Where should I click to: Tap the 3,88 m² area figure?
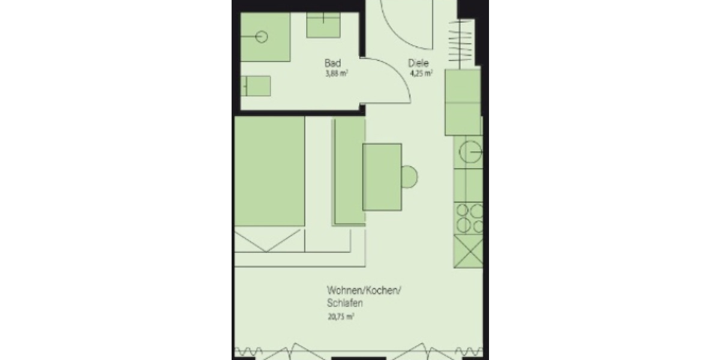pos(336,74)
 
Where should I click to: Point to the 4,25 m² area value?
pos(421,75)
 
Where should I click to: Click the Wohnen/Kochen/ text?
pos(364,292)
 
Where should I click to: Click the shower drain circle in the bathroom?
pos(262,37)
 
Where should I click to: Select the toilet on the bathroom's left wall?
pos(257,85)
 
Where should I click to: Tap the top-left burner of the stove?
pos(463,211)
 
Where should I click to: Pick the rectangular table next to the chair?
pos(382,177)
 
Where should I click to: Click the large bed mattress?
pos(269,172)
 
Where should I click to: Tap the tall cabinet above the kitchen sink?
pos(463,101)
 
